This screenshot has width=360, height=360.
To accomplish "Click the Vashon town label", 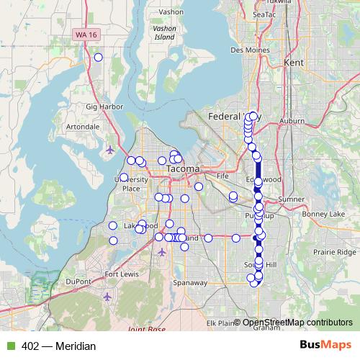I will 171,12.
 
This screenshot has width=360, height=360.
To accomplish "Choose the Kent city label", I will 294,63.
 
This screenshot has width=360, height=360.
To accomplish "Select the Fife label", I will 222,175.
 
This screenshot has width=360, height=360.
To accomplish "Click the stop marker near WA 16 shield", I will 98,58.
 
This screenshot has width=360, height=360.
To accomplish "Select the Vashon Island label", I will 165,32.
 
